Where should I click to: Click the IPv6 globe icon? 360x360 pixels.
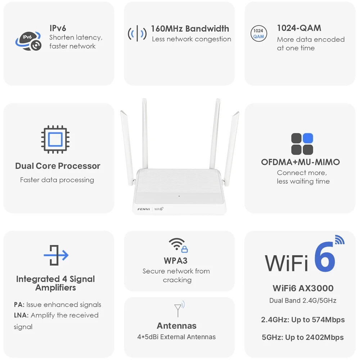coord(28,41)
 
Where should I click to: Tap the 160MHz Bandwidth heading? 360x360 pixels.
coord(190,29)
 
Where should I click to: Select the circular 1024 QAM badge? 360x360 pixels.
coord(258,33)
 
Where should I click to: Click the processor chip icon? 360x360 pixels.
coord(55,139)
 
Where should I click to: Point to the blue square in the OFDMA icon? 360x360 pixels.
coord(308,138)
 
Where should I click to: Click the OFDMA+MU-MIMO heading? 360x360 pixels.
coord(300,162)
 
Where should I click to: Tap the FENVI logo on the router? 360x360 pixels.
coord(144,209)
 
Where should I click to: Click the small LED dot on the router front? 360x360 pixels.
coord(179,196)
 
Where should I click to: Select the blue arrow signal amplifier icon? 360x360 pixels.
coord(56,255)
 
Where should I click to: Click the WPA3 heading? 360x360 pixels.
coord(176,261)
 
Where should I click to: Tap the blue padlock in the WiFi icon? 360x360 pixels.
coord(185,249)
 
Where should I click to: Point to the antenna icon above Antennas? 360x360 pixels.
coord(179,309)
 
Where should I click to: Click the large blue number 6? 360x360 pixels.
coord(325,257)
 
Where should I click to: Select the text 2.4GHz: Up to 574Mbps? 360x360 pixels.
coord(303,320)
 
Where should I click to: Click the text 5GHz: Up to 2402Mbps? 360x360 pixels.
coord(303,337)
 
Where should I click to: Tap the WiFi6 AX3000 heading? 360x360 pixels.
coord(303,288)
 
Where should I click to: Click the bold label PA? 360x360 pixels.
coord(19,305)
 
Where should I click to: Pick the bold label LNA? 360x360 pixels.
coord(21,315)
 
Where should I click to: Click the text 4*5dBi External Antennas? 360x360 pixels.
coord(176,337)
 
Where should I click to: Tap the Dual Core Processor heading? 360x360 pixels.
coord(58,166)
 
